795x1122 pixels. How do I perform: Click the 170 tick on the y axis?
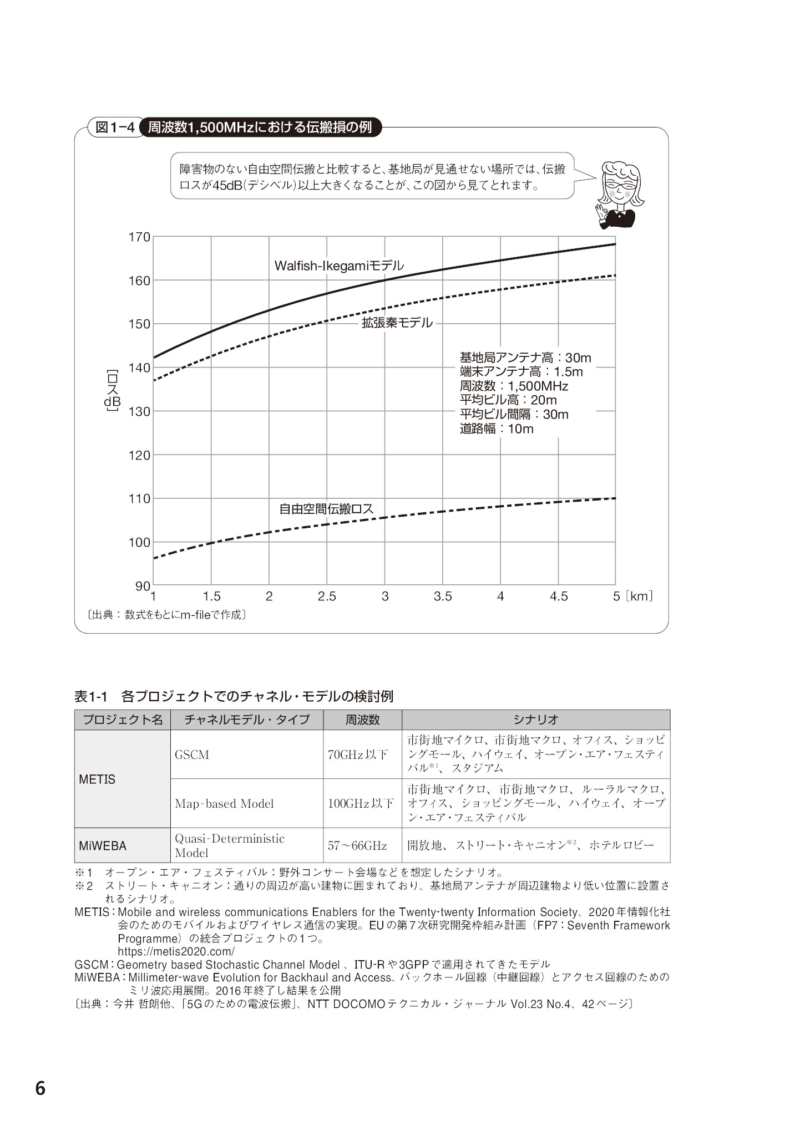pos(139,237)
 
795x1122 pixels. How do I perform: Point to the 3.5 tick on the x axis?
pos(443,596)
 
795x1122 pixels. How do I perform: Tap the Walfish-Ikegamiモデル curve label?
pos(339,266)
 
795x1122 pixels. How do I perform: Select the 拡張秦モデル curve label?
pos(397,323)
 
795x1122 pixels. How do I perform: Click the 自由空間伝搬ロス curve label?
pos(326,508)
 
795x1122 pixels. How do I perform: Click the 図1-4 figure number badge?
pos(115,127)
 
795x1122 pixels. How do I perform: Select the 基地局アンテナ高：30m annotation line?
pos(525,358)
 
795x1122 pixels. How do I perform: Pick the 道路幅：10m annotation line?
pos(497,429)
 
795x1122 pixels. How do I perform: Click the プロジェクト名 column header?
pos(123,720)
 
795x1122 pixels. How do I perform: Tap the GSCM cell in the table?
pos(192,754)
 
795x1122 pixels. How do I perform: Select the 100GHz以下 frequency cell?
pos(361,803)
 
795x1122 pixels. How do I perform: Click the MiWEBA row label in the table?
pos(103,846)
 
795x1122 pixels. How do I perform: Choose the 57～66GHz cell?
pos(357,845)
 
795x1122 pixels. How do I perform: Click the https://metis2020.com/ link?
pos(176,951)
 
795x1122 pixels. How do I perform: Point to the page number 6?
pos(40,1089)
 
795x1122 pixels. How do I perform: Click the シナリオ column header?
pos(535,720)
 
